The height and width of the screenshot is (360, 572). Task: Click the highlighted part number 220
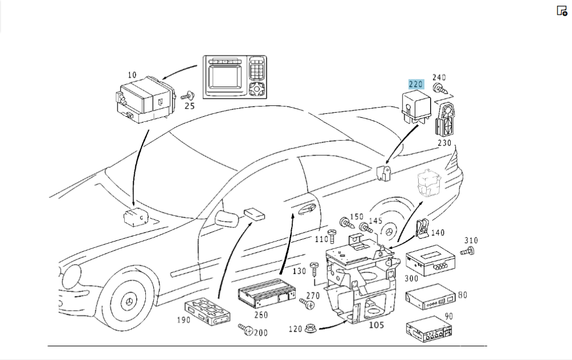(415, 84)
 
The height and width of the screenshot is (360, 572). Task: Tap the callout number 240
(439, 78)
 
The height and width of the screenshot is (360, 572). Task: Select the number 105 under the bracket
(376, 326)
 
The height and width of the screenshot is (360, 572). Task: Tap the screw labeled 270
(309, 306)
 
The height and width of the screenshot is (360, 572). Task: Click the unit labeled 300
(430, 262)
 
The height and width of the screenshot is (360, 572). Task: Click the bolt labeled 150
(345, 222)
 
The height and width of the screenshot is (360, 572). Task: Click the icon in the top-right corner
(561, 10)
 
